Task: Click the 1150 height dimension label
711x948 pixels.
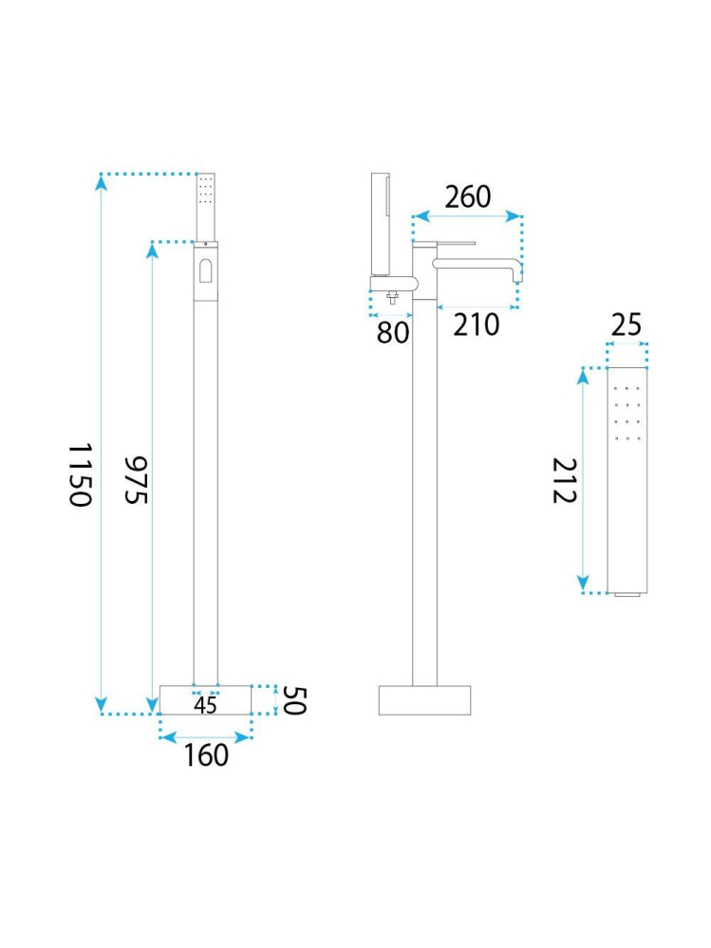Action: click(80, 474)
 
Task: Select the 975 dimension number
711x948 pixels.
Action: click(137, 480)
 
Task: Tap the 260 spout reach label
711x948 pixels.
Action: click(468, 197)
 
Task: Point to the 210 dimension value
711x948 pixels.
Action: click(477, 325)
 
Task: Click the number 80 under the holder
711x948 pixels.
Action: click(393, 332)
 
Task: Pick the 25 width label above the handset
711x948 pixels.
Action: click(626, 325)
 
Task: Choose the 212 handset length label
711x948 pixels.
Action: click(565, 481)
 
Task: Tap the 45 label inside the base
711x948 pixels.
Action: click(206, 705)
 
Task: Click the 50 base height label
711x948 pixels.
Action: click(294, 700)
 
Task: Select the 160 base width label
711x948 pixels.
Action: click(206, 755)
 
